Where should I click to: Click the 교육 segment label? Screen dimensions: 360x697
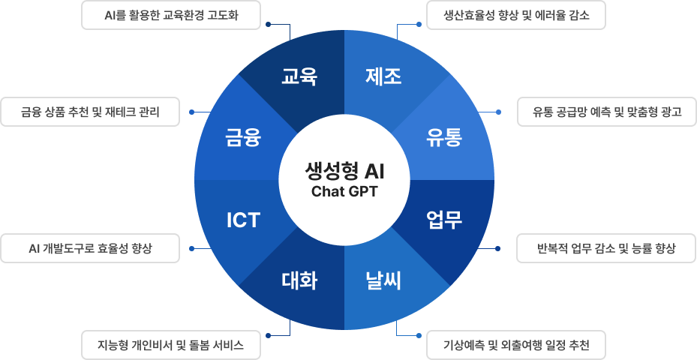(x=299, y=76)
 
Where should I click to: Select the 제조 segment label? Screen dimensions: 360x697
(x=383, y=76)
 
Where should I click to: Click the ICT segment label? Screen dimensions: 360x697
(x=243, y=220)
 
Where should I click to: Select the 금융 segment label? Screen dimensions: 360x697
(x=243, y=138)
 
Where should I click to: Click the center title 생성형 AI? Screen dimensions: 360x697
(x=344, y=171)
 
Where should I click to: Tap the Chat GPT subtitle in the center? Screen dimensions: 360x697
(x=344, y=191)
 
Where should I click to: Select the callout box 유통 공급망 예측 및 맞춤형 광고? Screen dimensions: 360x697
(x=606, y=112)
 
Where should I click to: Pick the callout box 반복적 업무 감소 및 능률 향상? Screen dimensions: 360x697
(x=606, y=248)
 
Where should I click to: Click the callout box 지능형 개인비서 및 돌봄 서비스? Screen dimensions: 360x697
(x=170, y=346)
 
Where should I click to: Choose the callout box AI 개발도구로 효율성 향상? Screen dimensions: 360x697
(x=90, y=248)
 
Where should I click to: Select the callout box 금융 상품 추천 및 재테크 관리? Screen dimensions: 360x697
(x=90, y=112)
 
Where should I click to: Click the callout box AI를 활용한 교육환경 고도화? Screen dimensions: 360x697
(x=170, y=15)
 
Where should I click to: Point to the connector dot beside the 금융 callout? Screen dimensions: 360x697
(x=192, y=112)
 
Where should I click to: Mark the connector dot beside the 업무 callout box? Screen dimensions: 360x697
(x=500, y=248)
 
